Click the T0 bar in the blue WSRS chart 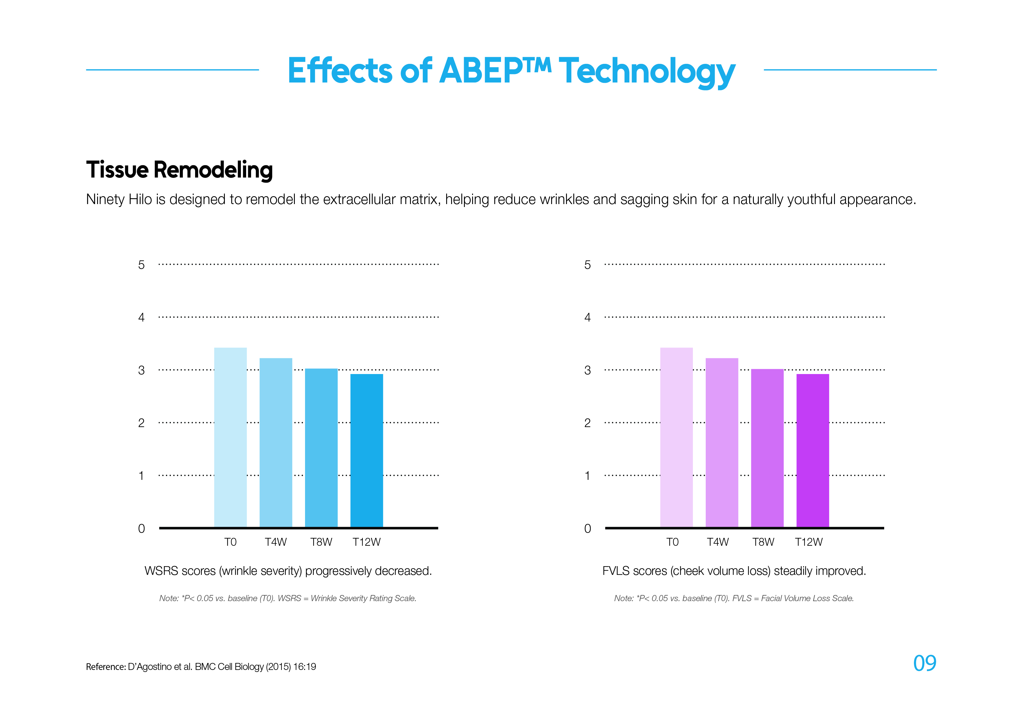230,438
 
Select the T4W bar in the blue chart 276,443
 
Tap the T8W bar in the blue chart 321,448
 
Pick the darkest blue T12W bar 367,450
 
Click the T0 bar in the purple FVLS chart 676,438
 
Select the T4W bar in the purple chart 722,443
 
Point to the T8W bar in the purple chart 767,448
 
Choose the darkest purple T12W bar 813,450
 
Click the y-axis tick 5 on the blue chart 141,265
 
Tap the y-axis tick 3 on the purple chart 587,370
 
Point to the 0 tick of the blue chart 141,529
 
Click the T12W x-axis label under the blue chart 366,542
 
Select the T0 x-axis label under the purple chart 672,542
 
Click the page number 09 924,663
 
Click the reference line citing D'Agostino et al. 201,667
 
